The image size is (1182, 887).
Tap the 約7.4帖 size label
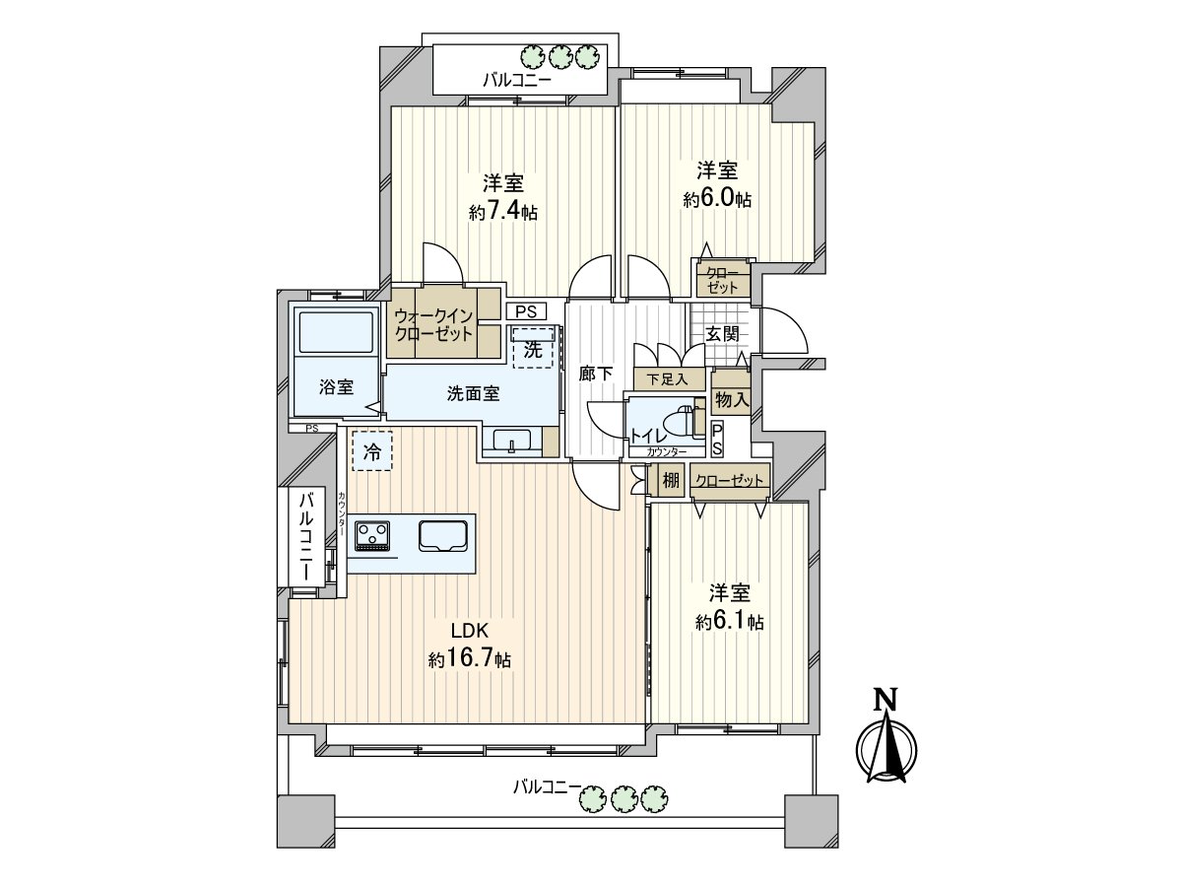(x=502, y=212)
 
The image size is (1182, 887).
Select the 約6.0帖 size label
(x=718, y=199)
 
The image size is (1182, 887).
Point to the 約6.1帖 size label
(x=730, y=622)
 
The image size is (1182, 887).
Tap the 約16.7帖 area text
(x=470, y=659)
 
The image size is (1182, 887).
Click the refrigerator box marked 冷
(x=371, y=452)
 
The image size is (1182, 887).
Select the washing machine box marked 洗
(x=533, y=348)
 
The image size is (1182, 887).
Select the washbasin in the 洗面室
(x=511, y=441)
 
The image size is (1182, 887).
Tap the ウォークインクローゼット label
(x=434, y=323)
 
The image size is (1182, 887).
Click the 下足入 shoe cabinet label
(x=668, y=378)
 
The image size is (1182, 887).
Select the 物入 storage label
(x=732, y=399)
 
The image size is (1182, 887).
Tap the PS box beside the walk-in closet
(x=526, y=311)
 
